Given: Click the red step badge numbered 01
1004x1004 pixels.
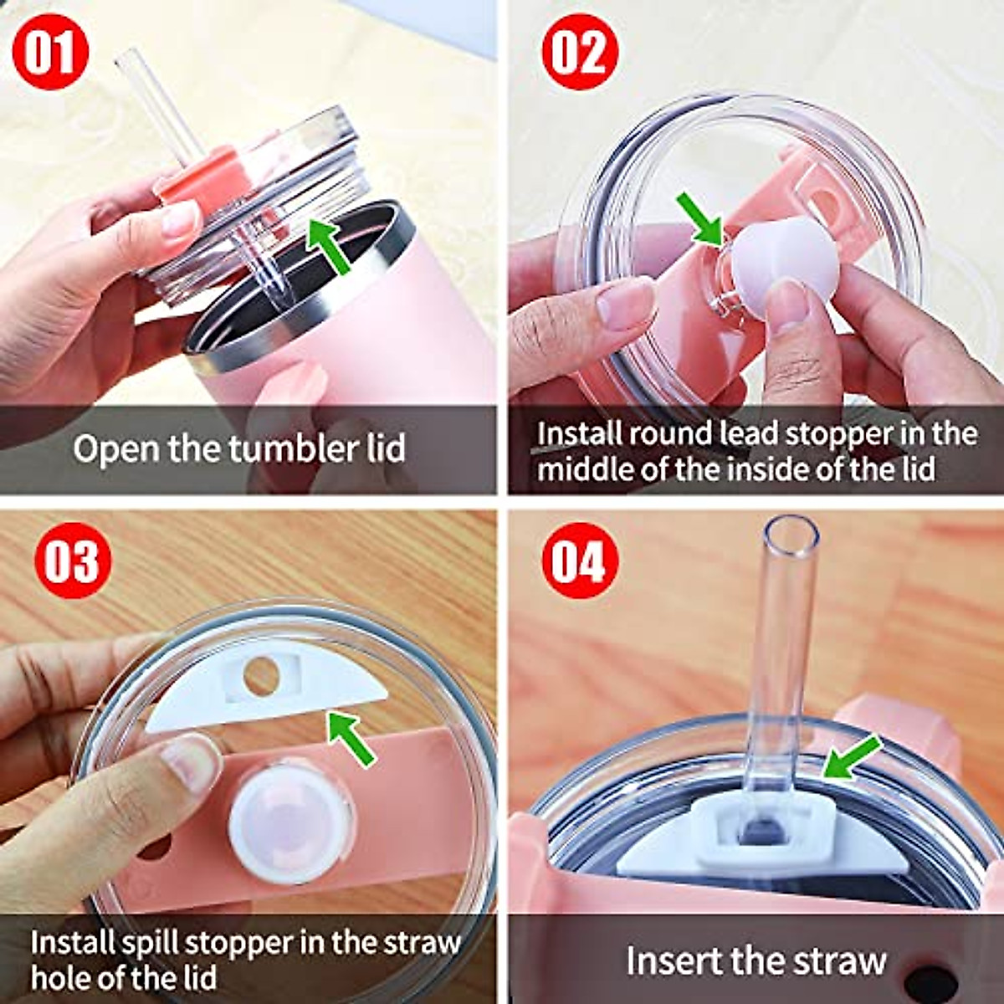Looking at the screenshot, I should (x=52, y=51).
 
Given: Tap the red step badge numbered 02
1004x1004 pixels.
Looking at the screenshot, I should (x=580, y=51).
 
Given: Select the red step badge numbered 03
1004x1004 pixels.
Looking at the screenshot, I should (x=73, y=560).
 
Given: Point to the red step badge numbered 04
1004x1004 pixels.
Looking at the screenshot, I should (x=580, y=560).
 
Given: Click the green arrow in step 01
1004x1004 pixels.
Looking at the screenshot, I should (x=328, y=243).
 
